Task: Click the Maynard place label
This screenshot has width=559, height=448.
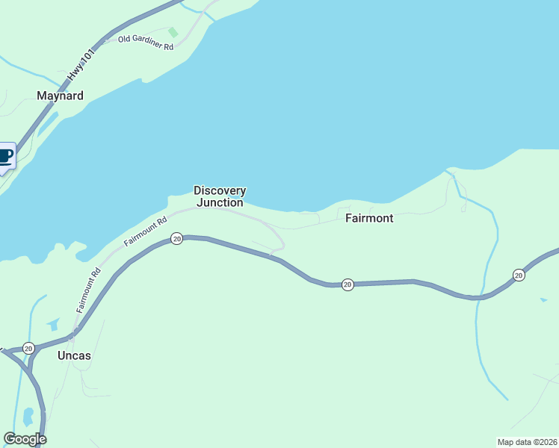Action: click(x=60, y=96)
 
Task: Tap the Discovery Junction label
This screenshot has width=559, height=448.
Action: click(x=220, y=196)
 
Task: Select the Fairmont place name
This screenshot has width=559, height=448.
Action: click(x=369, y=219)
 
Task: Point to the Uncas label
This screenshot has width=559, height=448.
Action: click(x=74, y=355)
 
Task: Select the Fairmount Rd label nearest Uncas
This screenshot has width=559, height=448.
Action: click(x=88, y=290)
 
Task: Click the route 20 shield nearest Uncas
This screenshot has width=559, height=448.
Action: click(x=28, y=348)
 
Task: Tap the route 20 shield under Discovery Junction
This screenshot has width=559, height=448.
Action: click(x=176, y=238)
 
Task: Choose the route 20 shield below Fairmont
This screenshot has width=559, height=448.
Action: click(x=348, y=284)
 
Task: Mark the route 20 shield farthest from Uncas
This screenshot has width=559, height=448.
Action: click(x=519, y=276)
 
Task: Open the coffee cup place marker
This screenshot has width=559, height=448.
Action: click(x=5, y=156)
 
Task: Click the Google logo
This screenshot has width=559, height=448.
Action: click(x=25, y=439)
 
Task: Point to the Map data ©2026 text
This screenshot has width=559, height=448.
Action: click(x=527, y=441)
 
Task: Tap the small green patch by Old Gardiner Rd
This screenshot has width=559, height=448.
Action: click(x=173, y=32)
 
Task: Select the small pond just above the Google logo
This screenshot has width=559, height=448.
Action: click(x=28, y=415)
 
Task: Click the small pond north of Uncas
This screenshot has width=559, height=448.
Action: click(x=52, y=324)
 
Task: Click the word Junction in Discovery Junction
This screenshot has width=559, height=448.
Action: click(x=220, y=202)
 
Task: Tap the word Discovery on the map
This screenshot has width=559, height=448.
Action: click(x=220, y=190)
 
